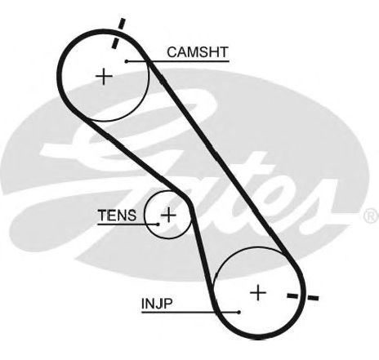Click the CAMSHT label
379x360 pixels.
tap(198, 52)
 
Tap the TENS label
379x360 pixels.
tap(117, 216)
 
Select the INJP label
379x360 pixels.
tap(157, 304)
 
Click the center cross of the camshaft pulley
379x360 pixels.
tap(104, 77)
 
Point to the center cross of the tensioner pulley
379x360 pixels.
tap(168, 215)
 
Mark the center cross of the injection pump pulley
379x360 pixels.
tap(258, 293)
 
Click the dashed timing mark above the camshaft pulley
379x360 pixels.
tap(118, 33)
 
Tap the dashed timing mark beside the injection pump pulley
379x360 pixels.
tap(303, 296)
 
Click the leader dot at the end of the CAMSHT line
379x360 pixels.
tap(127, 61)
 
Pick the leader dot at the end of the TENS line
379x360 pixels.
tap(158, 224)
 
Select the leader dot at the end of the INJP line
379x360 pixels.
tap(239, 312)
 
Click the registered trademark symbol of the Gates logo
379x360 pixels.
tap(372, 216)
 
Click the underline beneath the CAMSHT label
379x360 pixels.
tap(177, 61)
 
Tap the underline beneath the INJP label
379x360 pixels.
tap(190, 312)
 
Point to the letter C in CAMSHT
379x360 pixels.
tap(172, 52)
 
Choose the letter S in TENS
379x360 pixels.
tap(132, 216)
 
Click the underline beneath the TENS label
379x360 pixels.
tap(127, 224)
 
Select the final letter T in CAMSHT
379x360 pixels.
tap(224, 52)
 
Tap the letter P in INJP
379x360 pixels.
tap(168, 304)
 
